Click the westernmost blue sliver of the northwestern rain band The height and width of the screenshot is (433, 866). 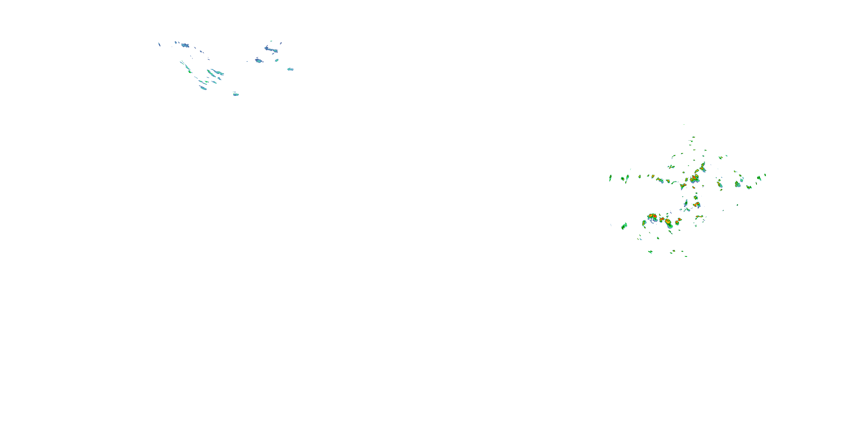159,44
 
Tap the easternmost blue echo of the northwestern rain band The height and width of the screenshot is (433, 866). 290,69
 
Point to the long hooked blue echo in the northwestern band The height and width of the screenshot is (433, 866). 271,50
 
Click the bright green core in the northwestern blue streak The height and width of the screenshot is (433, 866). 190,71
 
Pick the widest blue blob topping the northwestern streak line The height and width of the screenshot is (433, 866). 185,45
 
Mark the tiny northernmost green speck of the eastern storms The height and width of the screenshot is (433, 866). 684,124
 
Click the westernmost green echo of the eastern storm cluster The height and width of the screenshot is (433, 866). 610,178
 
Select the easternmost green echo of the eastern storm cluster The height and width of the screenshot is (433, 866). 765,175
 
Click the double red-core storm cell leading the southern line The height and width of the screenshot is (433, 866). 652,216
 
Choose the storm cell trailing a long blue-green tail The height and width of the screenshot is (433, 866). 668,223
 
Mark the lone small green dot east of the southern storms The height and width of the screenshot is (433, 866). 737,205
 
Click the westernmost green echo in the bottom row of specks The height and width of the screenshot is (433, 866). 650,252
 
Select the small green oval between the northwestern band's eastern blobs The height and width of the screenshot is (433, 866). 277,61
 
